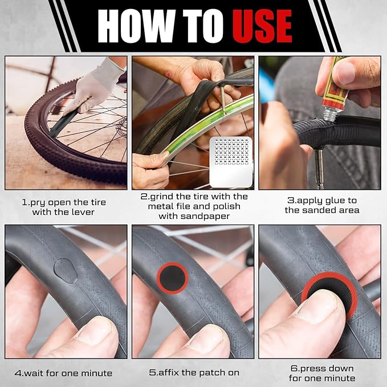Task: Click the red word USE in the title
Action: click(262, 26)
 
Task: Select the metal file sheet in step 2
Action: click(231, 162)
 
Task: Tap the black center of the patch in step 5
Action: click(172, 278)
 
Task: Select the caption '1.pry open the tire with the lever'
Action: click(64, 207)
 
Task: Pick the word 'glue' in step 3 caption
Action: click(327, 201)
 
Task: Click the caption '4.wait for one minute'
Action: click(64, 373)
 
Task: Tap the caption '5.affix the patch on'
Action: click(193, 373)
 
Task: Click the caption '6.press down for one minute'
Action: click(322, 373)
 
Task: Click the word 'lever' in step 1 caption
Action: click(81, 213)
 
